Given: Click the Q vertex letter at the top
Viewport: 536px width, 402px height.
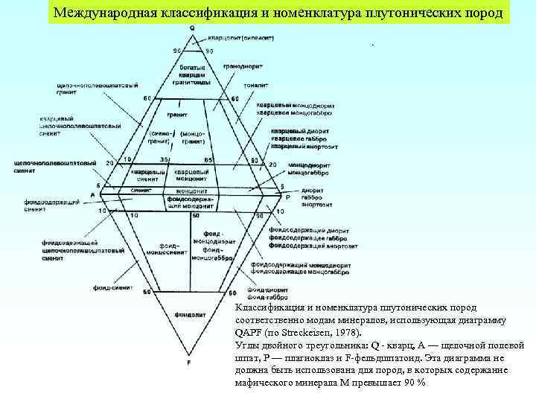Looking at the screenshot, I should (x=192, y=28).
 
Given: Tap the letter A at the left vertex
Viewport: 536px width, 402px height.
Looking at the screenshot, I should (x=93, y=194).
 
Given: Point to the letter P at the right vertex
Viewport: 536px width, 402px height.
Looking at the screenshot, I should (x=287, y=197).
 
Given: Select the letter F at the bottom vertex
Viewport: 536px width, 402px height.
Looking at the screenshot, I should (x=189, y=363).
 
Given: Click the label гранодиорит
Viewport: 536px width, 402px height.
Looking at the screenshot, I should (x=240, y=66).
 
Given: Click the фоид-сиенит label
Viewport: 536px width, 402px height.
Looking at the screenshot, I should (x=112, y=287).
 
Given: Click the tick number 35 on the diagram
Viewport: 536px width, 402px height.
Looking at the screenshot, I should (x=163, y=159).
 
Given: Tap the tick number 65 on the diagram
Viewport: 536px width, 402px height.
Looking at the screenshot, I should (x=208, y=159).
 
